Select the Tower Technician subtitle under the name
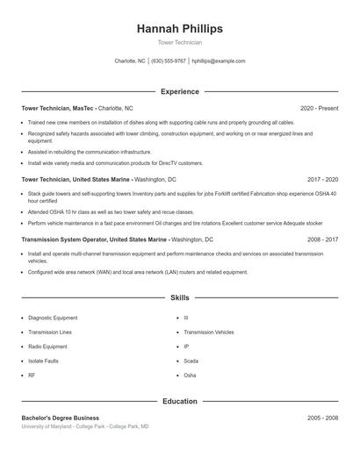179,42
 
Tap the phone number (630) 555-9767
169,61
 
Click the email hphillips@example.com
219,61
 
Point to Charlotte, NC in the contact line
130,61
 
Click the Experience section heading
179,91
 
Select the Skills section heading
179,298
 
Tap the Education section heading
179,401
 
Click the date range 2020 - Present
319,108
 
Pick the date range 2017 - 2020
322,179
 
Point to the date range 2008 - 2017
322,239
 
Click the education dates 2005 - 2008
322,418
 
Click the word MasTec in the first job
84,108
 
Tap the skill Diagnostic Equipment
53,318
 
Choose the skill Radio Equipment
48,347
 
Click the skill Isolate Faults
44,361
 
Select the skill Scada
191,361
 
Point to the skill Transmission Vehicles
209,332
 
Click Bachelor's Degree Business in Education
61,418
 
